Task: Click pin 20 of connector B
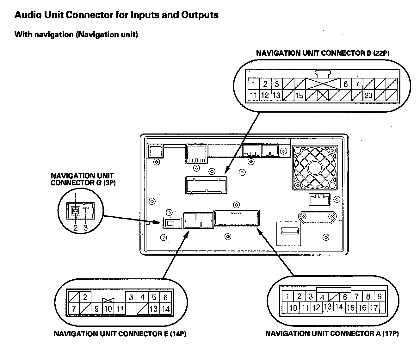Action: click(368, 95)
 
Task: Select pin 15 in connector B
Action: click(299, 95)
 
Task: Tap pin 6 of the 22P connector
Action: click(345, 84)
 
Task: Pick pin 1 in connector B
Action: click(254, 84)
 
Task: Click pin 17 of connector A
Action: click(374, 307)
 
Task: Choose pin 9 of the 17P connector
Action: click(380, 296)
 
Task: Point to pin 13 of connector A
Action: click(328, 306)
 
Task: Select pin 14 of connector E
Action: click(166, 309)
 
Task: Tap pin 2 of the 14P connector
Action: click(85, 297)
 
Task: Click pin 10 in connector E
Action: click(108, 309)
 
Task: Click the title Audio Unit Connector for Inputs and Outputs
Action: click(116, 15)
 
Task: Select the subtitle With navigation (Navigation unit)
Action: click(76, 34)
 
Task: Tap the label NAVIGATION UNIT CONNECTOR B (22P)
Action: click(323, 53)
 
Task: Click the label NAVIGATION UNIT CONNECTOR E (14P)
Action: click(120, 334)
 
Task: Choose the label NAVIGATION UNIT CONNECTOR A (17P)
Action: click(332, 333)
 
